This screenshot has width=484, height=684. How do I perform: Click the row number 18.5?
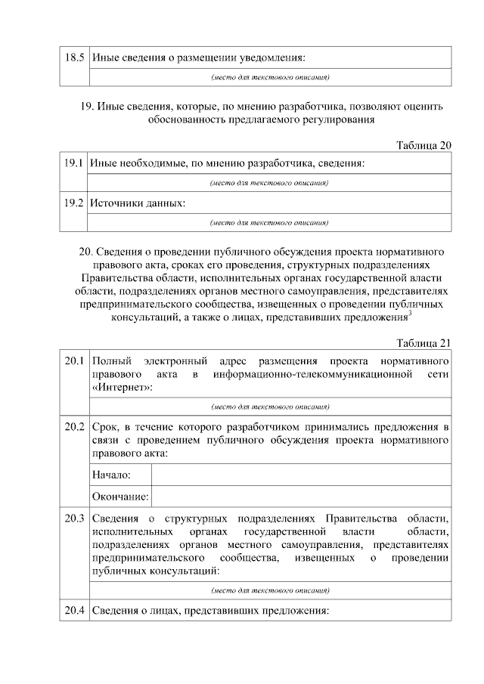click(x=73, y=57)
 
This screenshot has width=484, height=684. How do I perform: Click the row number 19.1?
click(x=73, y=163)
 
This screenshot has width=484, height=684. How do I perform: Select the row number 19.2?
click(x=73, y=203)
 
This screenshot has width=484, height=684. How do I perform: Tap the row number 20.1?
click(x=73, y=361)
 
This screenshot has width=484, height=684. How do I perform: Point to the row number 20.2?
click(x=73, y=426)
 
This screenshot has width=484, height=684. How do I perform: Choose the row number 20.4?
click(x=73, y=609)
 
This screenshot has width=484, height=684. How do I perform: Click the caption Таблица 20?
click(x=423, y=145)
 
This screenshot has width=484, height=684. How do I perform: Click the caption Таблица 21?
click(x=423, y=342)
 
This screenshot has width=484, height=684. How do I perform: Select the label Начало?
click(x=112, y=475)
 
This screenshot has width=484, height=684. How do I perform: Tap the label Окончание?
click(x=119, y=497)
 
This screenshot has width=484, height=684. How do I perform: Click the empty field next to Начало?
click(x=301, y=475)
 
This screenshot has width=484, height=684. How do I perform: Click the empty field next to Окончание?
click(x=301, y=497)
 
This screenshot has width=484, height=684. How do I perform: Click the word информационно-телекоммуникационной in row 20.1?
click(x=315, y=374)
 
